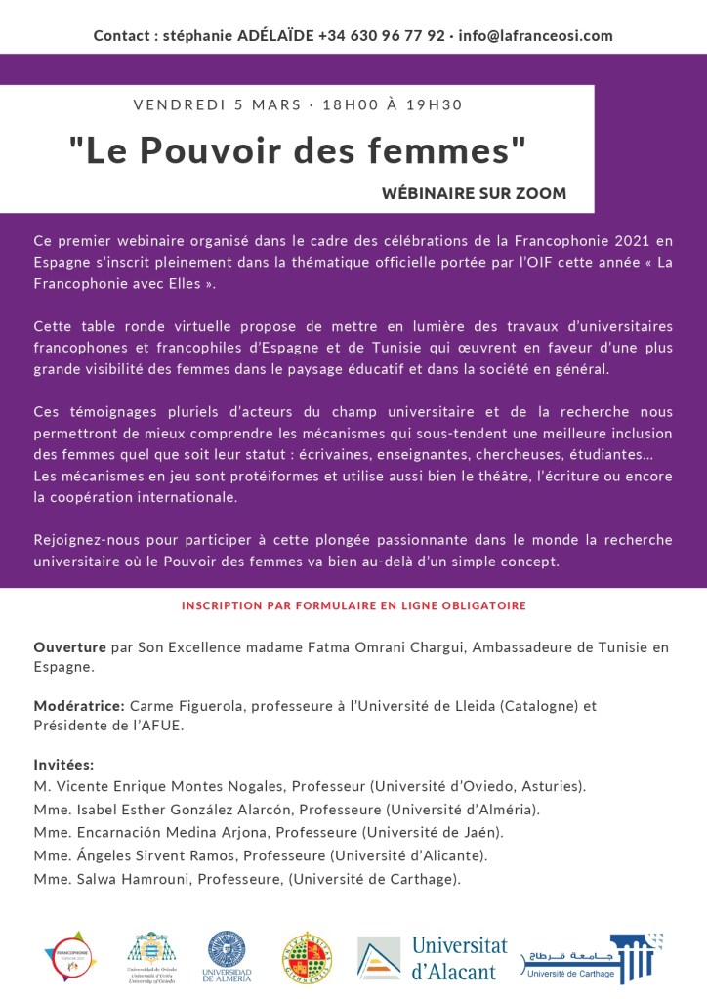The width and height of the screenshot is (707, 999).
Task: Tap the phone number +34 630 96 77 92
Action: tap(382, 35)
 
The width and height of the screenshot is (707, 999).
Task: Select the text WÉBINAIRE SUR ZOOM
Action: tap(474, 193)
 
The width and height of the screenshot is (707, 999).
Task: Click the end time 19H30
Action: tap(435, 104)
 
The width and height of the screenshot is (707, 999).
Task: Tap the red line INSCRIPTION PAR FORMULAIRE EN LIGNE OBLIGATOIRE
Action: tap(353, 605)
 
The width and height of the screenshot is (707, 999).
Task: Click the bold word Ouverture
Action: tap(70, 646)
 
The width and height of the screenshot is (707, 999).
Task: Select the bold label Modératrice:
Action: tap(78, 705)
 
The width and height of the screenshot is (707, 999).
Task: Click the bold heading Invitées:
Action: tap(63, 764)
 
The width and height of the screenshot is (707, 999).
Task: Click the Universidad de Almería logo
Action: tap(228, 955)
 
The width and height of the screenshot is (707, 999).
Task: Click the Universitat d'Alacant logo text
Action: tap(459, 957)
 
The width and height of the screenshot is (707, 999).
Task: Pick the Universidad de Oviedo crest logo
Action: tap(151, 955)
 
